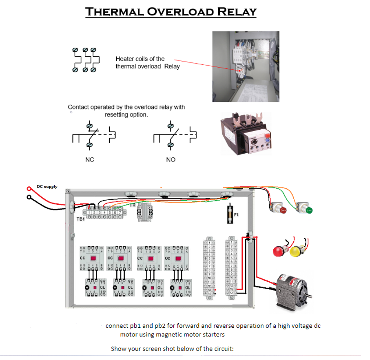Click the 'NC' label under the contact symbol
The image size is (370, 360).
(x=89, y=160)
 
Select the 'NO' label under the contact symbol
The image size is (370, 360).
(x=171, y=160)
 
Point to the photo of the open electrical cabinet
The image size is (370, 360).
(x=246, y=66)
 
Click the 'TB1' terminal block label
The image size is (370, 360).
(x=81, y=219)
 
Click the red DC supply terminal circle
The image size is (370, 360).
(x=29, y=189)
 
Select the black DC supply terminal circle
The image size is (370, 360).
(x=29, y=198)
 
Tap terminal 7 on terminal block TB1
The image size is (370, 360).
(x=120, y=213)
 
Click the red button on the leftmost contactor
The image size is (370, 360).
(x=93, y=258)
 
